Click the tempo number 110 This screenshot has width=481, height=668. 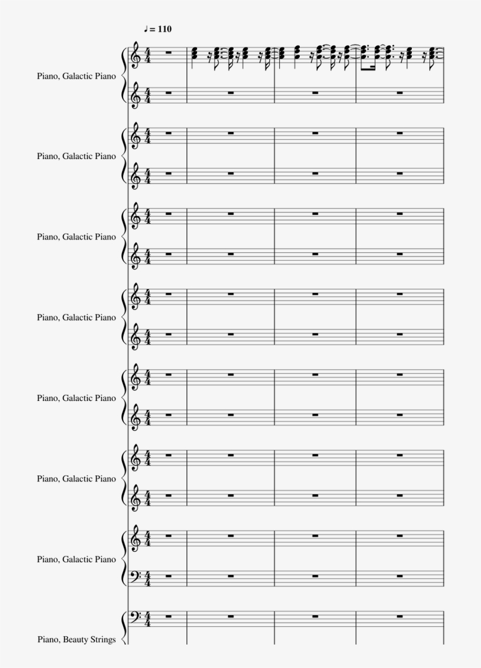[x=164, y=29]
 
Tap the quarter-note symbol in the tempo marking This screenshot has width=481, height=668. [x=145, y=28]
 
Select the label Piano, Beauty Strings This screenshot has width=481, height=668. [x=76, y=639]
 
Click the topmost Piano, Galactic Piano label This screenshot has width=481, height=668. [x=76, y=76]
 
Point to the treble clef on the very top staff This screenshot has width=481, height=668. [x=137, y=55]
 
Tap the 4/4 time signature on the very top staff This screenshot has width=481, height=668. [x=147, y=55]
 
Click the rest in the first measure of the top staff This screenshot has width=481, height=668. [x=168, y=52]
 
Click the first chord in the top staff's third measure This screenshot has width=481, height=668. [x=283, y=54]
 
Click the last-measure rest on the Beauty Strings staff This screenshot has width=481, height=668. [x=399, y=616]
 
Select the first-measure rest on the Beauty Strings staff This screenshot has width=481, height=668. [x=168, y=616]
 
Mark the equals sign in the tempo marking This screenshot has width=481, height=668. [x=152, y=29]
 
